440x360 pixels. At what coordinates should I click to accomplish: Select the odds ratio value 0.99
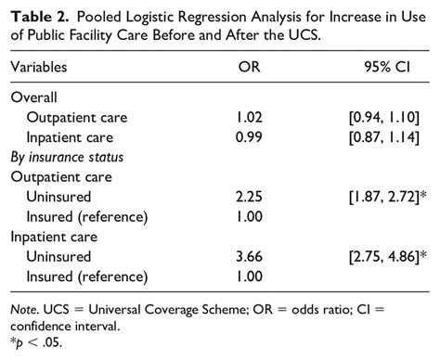(249, 136)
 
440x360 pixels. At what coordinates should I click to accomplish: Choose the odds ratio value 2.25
(249, 196)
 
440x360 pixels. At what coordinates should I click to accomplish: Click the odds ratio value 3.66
(249, 256)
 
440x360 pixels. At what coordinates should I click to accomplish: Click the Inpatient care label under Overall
(76, 136)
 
